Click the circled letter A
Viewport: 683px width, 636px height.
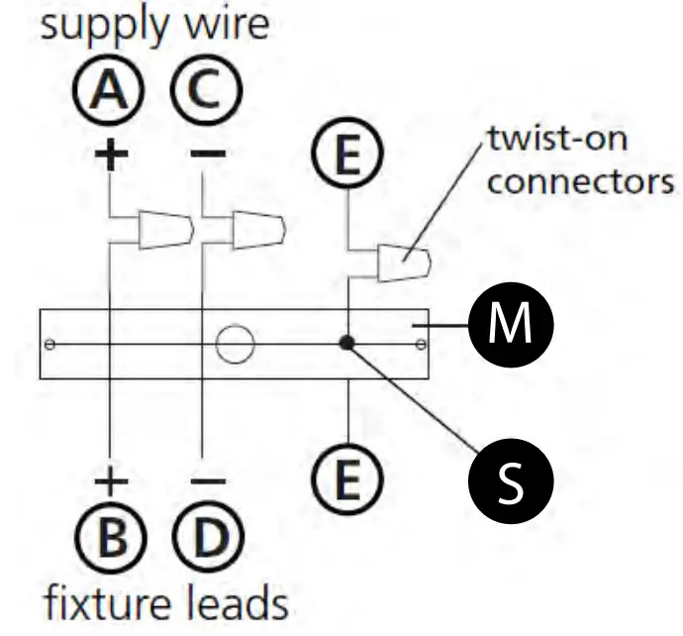coord(109,95)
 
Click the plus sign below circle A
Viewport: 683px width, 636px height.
coord(109,155)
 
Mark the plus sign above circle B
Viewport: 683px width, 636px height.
coord(109,482)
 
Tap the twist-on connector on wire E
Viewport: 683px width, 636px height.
coord(403,263)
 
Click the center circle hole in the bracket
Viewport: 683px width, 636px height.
coord(235,344)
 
